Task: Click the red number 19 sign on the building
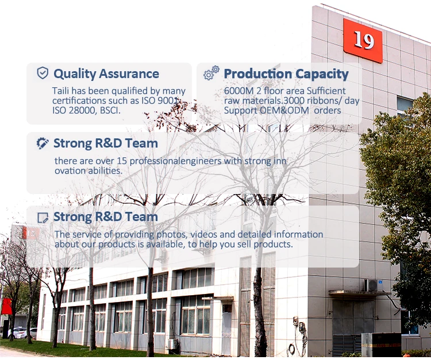363,40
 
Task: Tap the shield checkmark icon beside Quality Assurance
43,73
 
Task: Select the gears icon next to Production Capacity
211,73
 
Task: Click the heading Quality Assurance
106,73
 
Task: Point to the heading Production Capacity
286,73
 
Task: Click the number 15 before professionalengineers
122,161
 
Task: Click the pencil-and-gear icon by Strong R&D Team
43,143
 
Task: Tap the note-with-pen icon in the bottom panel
43,218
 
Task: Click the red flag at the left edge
6,306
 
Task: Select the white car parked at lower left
22,332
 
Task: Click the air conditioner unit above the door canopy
374,285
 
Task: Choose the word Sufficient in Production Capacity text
326,91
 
